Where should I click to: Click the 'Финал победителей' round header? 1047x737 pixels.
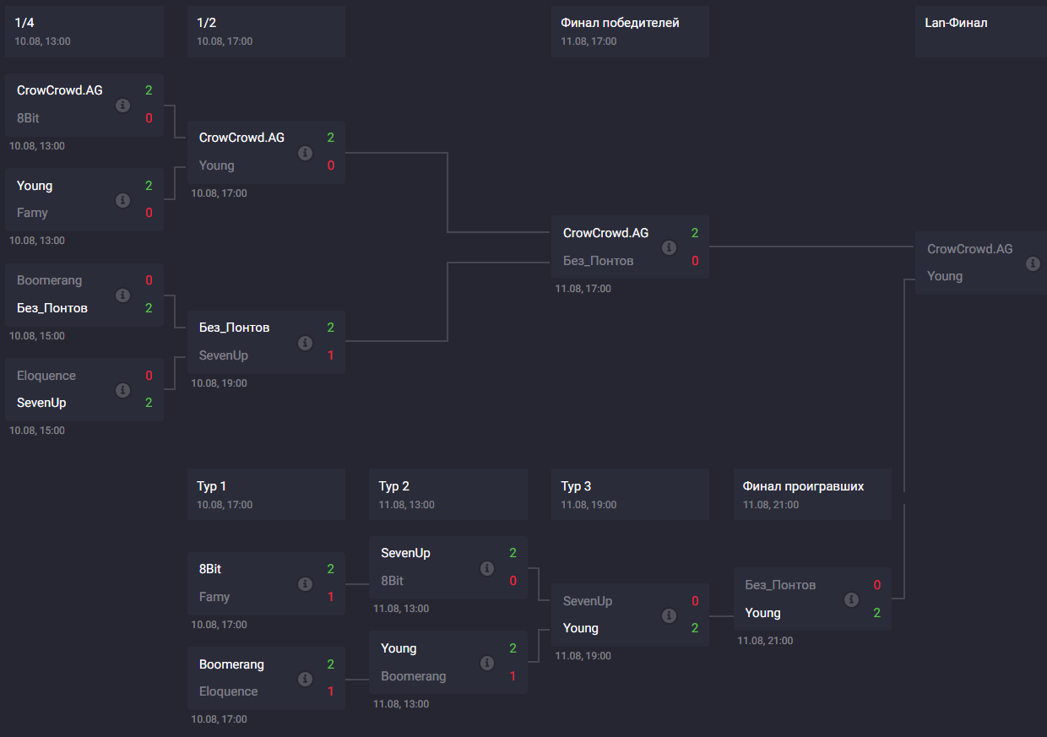(620, 23)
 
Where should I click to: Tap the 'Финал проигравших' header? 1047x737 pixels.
(803, 486)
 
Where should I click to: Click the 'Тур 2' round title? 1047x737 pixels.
(394, 486)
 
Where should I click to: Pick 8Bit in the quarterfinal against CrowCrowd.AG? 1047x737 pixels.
(28, 118)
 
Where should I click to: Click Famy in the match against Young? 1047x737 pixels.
(32, 213)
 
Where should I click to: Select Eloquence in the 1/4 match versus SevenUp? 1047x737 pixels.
(46, 376)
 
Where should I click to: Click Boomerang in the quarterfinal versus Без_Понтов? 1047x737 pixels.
(49, 280)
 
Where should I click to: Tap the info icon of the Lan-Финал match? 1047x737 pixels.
(1032, 263)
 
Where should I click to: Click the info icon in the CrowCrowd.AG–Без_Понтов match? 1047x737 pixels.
(669, 247)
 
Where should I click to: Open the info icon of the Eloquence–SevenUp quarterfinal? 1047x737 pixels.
(122, 390)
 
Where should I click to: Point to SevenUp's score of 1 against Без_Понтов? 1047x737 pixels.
(331, 355)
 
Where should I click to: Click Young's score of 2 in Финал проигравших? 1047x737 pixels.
(877, 613)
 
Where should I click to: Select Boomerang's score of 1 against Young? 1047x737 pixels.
(513, 676)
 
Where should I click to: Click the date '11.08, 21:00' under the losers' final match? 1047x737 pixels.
(765, 641)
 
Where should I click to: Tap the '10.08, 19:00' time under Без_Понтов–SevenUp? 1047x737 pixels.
(220, 383)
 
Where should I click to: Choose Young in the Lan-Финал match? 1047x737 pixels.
(944, 276)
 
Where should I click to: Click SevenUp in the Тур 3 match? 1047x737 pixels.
(588, 601)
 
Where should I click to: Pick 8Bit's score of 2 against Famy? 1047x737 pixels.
(331, 569)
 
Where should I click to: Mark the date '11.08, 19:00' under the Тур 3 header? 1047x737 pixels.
(589, 505)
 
